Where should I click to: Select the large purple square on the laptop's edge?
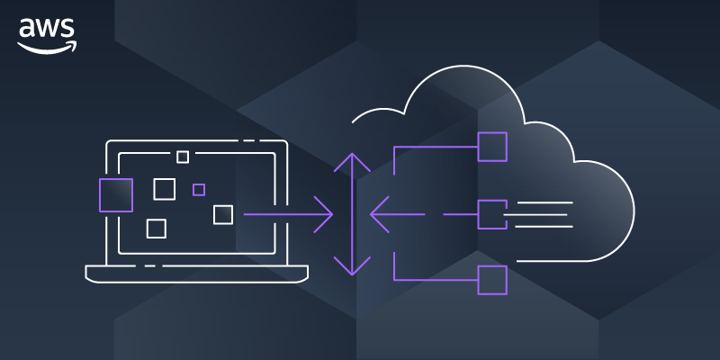115,194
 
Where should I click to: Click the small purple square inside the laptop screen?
199,189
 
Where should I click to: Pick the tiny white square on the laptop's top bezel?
183,157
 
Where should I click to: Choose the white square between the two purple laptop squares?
164,189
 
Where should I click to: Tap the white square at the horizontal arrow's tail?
223,214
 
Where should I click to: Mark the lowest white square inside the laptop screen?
156,229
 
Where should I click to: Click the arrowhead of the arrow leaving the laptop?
326,214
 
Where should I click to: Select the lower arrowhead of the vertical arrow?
352,267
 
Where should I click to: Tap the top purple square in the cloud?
492,147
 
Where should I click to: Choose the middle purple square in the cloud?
491,214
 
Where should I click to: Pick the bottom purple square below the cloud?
492,280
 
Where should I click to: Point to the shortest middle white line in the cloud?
535,214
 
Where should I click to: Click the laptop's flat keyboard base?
196,271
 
